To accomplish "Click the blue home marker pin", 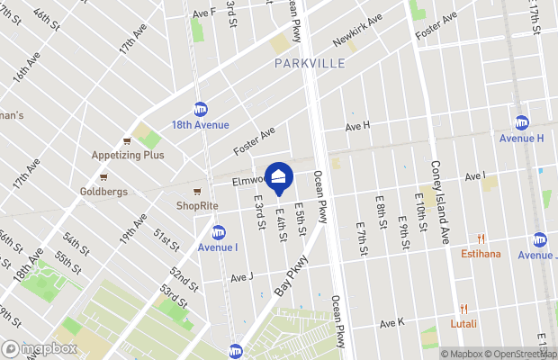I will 279,177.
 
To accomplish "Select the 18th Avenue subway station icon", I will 201,109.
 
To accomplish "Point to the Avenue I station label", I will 218,247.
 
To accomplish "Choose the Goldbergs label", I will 102,192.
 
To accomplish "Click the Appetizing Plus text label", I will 128,155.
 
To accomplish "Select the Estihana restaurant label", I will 480,254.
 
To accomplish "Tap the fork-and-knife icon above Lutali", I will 464,309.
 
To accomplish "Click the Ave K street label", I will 392,323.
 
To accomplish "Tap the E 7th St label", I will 361,236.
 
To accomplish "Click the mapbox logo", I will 39,348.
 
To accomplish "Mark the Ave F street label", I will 204,13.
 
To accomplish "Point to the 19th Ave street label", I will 134,230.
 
